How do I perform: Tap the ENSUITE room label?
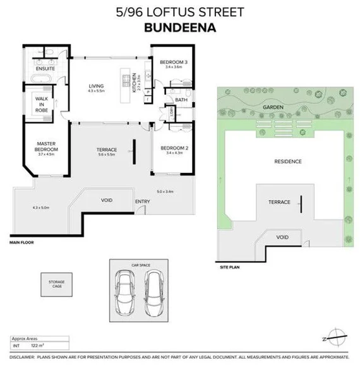pyautogui.click(x=44, y=69)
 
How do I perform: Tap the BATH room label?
pyautogui.click(x=181, y=100)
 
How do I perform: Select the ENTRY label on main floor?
pyautogui.click(x=143, y=202)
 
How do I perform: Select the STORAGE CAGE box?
pyautogui.click(x=52, y=282)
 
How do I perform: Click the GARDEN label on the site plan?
pyautogui.click(x=273, y=108)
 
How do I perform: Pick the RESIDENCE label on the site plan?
pyautogui.click(x=287, y=161)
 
